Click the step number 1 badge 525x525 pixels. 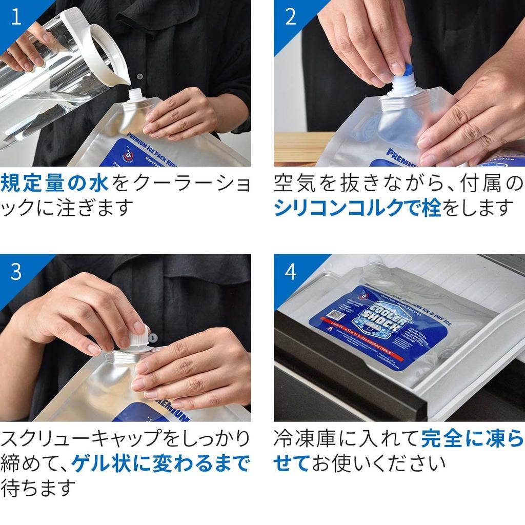16,17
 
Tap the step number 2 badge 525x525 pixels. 290,17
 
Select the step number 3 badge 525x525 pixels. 16,272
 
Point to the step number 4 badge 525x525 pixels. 290,272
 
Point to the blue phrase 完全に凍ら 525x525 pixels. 472,439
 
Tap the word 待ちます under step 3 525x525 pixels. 38,488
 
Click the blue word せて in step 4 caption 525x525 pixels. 292,463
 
